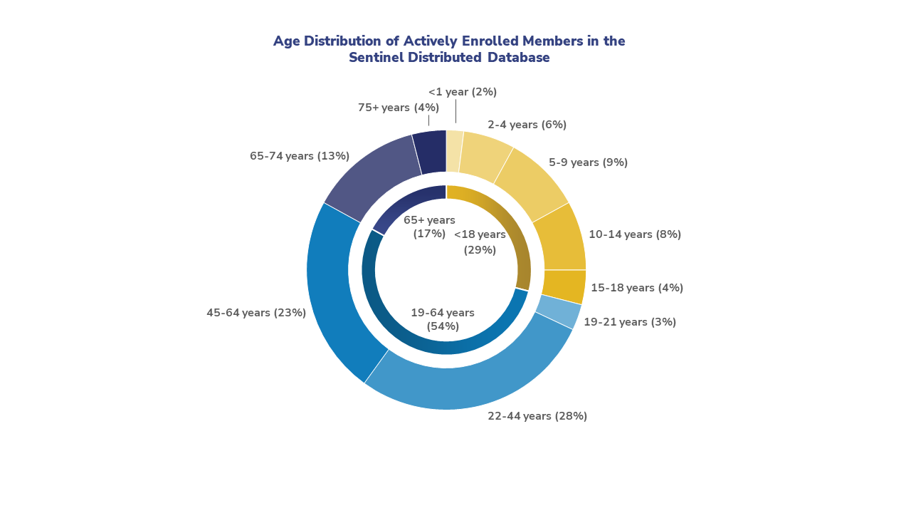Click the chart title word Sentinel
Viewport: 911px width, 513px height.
click(x=376, y=58)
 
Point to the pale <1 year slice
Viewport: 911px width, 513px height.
click(x=454, y=150)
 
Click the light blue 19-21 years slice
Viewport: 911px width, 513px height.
click(x=559, y=311)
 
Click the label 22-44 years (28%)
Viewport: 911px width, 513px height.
click(x=537, y=416)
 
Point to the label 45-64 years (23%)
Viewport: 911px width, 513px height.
click(x=256, y=313)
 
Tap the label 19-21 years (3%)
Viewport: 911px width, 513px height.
click(x=630, y=322)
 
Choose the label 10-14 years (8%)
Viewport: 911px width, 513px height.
click(x=635, y=234)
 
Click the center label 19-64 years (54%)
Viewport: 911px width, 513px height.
click(x=443, y=319)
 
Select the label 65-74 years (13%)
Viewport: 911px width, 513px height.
click(x=300, y=156)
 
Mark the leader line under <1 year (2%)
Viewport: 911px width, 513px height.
click(x=455, y=112)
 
